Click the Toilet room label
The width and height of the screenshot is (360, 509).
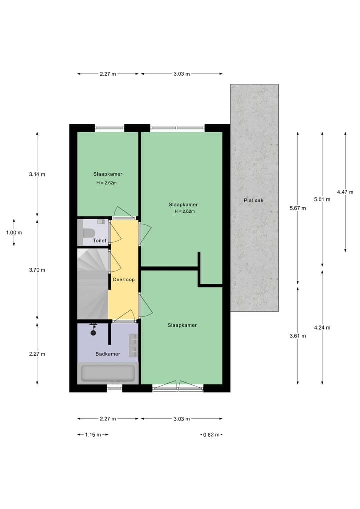(100, 241)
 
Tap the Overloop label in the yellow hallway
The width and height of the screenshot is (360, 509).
(123, 280)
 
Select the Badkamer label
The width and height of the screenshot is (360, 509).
(108, 354)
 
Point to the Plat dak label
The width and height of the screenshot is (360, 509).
(253, 200)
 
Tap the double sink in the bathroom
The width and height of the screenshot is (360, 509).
(133, 345)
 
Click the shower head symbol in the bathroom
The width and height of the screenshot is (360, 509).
(93, 331)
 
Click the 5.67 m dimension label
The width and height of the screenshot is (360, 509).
(297, 209)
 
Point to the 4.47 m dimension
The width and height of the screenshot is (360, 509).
(345, 192)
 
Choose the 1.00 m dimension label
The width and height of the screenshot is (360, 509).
(14, 232)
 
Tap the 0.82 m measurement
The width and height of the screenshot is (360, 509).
(211, 435)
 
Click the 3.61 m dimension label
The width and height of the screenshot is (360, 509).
(298, 336)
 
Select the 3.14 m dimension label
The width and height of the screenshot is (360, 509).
(37, 174)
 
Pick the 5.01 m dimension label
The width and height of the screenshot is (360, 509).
(322, 199)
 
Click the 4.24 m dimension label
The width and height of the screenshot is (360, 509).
(322, 328)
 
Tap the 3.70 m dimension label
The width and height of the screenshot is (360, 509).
(37, 270)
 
